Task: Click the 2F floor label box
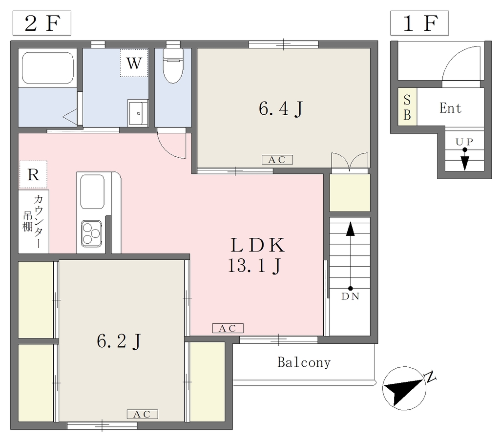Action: click(42, 23)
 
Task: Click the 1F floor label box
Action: click(419, 23)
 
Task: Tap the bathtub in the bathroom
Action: click(48, 68)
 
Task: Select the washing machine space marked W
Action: click(134, 63)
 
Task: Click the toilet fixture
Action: click(173, 65)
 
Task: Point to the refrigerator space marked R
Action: click(33, 174)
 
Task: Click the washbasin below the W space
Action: click(138, 113)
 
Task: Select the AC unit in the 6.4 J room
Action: click(277, 159)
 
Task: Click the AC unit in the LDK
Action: click(228, 328)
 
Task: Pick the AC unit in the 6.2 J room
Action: click(142, 414)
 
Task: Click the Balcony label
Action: click(304, 362)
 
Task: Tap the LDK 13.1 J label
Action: click(255, 255)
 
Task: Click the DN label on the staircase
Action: click(350, 296)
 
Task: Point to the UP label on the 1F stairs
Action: click(464, 142)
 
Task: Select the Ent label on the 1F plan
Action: click(450, 108)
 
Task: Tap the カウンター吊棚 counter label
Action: click(34, 221)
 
